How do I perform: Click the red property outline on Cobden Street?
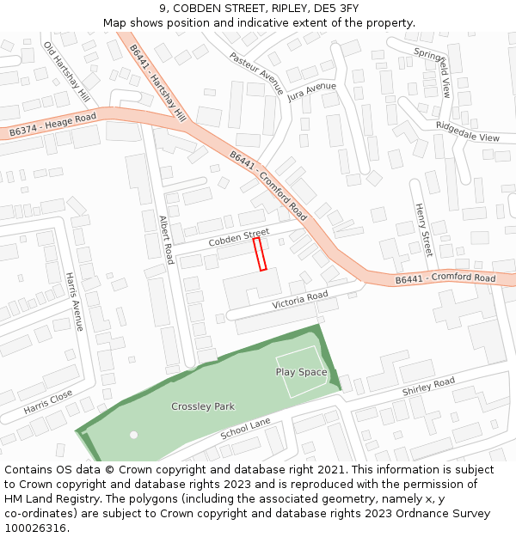point(260,254)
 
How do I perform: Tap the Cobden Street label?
point(238,237)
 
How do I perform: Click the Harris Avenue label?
point(75,302)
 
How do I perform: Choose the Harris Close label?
point(48,402)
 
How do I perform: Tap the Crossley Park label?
point(203,406)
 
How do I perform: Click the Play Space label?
point(301,372)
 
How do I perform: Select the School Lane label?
point(245,430)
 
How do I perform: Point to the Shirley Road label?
point(428,387)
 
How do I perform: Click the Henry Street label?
point(422,229)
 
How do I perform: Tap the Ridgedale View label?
point(467,131)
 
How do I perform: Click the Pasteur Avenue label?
point(255,73)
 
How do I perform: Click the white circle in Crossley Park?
point(133,435)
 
